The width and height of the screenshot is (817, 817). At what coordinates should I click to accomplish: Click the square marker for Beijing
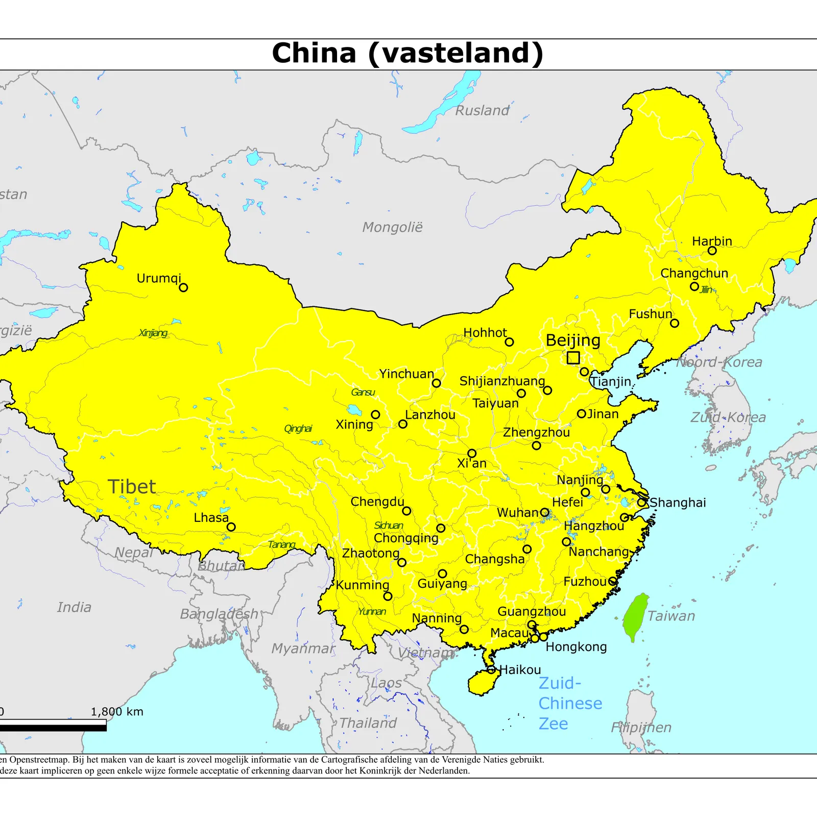pyautogui.click(x=573, y=357)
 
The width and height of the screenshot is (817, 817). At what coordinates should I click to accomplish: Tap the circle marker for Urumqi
pyautogui.click(x=183, y=287)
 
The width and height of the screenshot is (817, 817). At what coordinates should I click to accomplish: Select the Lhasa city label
pyautogui.click(x=211, y=517)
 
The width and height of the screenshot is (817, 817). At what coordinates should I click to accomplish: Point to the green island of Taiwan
pyautogui.click(x=635, y=616)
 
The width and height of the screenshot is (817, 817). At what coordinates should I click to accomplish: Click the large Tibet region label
pyautogui.click(x=131, y=487)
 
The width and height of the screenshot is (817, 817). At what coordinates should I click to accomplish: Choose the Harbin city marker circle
pyautogui.click(x=712, y=251)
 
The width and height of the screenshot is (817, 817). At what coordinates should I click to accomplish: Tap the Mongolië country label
pyautogui.click(x=392, y=227)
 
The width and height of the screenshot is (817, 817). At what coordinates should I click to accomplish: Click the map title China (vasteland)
pyautogui.click(x=407, y=53)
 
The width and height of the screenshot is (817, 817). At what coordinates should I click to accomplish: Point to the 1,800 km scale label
pyautogui.click(x=117, y=711)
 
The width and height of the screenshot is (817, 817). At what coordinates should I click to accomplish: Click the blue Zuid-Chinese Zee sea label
pyautogui.click(x=569, y=703)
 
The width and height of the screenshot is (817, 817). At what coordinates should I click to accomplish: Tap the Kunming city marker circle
pyautogui.click(x=388, y=596)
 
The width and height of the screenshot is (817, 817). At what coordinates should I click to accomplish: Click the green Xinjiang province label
pyautogui.click(x=153, y=333)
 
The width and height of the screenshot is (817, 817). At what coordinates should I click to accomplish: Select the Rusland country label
pyautogui.click(x=482, y=110)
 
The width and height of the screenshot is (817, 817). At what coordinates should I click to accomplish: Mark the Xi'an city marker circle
pyautogui.click(x=472, y=453)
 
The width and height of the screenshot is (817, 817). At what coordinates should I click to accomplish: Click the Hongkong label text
pyautogui.click(x=576, y=646)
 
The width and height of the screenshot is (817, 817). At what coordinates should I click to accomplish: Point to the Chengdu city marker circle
pyautogui.click(x=406, y=511)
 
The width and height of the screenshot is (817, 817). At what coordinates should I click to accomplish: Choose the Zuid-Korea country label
pyautogui.click(x=728, y=417)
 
